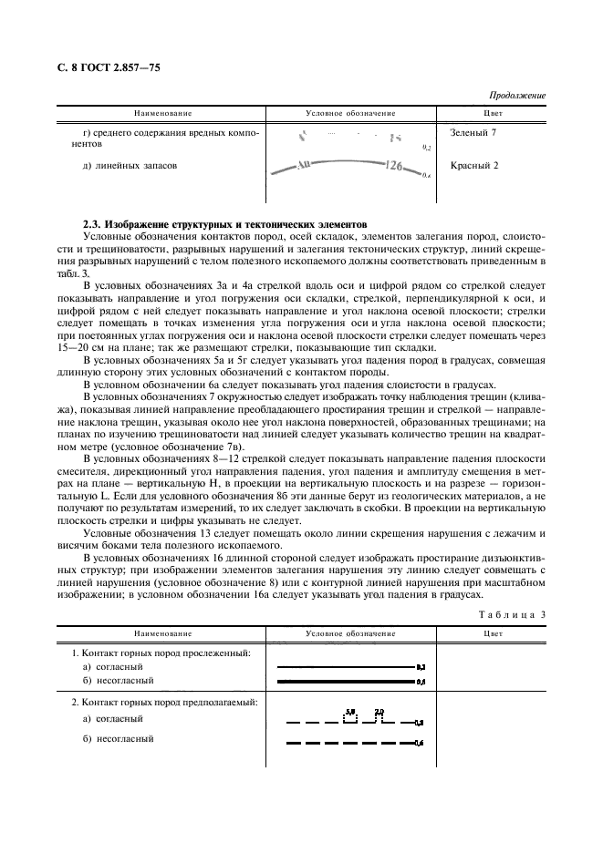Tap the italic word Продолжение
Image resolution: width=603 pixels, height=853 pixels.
517,95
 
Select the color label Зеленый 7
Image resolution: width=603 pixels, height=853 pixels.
473,133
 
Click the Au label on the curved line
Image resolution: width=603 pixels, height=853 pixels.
304,167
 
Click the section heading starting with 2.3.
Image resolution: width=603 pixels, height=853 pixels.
224,222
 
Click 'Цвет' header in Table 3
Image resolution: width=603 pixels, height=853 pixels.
493,632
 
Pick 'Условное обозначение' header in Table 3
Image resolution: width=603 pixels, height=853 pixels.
350,632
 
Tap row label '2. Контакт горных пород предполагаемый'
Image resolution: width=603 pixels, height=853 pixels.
164,703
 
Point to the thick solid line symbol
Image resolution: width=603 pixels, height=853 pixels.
346,681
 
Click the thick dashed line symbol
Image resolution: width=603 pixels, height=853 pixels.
346,744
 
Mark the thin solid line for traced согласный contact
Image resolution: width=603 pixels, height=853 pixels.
346,668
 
